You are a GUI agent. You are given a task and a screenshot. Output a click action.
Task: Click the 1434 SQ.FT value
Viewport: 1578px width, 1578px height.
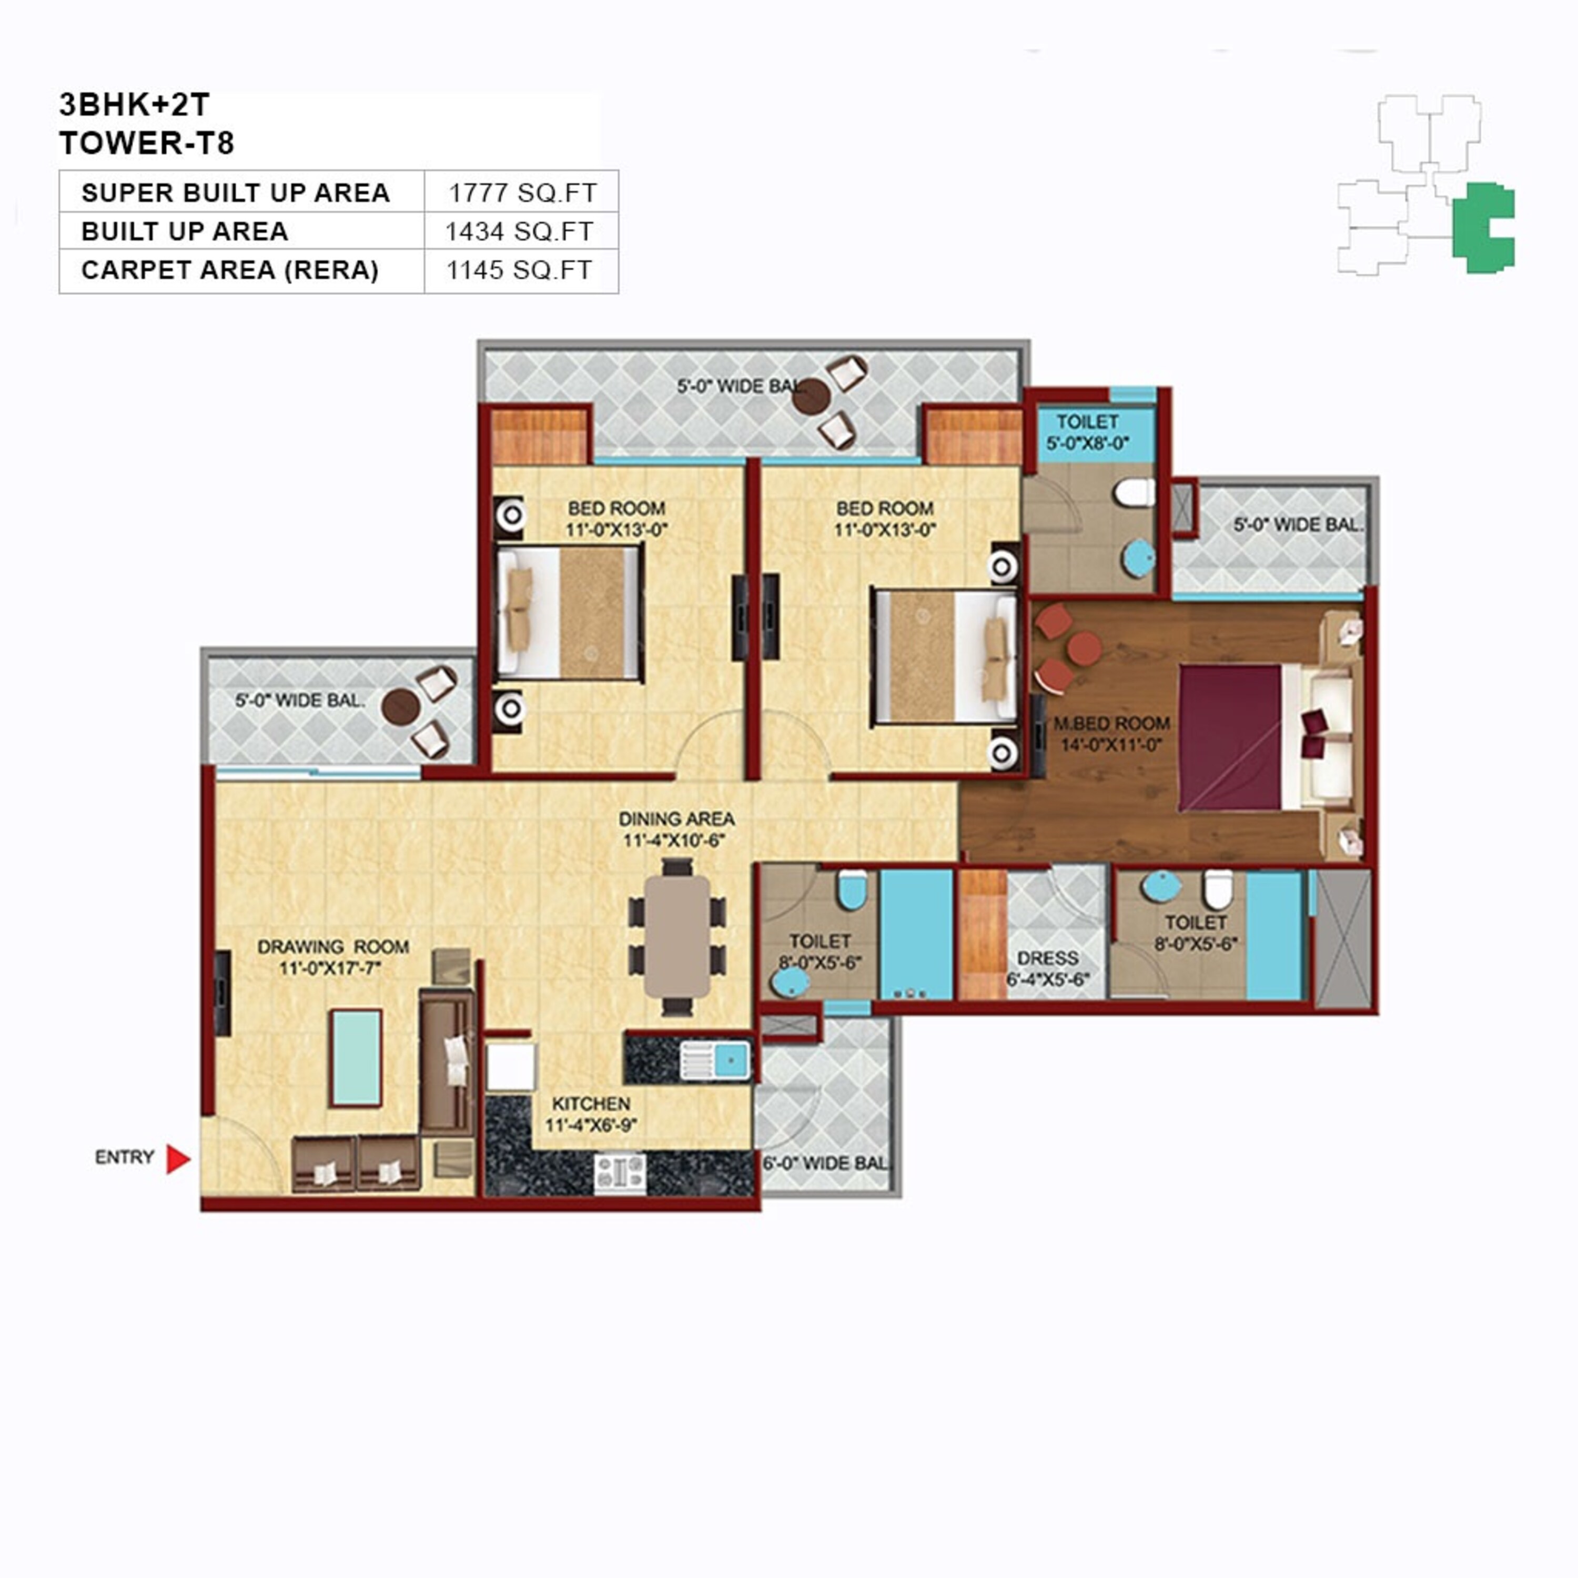click(520, 232)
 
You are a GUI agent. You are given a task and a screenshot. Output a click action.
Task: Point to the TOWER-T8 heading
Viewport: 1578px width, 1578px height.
click(147, 143)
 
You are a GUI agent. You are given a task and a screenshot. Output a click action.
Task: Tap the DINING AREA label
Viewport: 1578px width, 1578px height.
click(676, 819)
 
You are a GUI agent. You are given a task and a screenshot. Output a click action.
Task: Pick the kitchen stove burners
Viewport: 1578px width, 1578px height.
click(620, 1174)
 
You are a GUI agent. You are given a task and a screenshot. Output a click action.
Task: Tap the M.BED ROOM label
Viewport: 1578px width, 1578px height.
click(1111, 724)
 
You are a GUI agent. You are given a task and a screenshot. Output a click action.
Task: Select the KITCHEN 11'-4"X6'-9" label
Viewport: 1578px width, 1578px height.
click(591, 1114)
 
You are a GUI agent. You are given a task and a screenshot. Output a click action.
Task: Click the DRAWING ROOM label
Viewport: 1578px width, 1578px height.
click(333, 947)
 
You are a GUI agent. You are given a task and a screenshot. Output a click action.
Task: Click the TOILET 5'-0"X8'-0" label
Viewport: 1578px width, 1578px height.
click(1087, 432)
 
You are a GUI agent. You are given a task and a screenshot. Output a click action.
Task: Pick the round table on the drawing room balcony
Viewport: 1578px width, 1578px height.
click(400, 706)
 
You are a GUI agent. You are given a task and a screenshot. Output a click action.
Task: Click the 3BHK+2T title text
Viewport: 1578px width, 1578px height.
click(134, 105)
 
